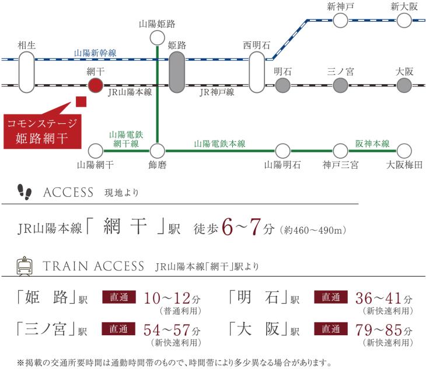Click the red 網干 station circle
[x=95, y=86]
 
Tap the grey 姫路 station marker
[x=177, y=72]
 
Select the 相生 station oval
[x=26, y=72]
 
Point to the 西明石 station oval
[x=257, y=72]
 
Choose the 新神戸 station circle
[x=341, y=21]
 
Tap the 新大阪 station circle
[x=404, y=21]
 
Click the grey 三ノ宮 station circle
[x=341, y=86]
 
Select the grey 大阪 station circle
[x=404, y=86]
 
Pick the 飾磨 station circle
[x=157, y=149]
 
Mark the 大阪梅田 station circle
[x=404, y=149]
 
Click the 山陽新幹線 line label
[x=95, y=53]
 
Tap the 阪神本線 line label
[x=372, y=142]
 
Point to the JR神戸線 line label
[x=217, y=92]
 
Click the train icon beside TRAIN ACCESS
[x=25, y=267]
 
